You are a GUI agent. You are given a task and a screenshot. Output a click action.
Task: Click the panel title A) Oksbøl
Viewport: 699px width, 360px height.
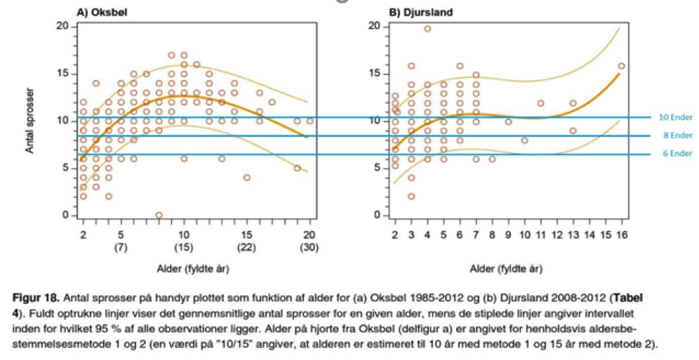(100, 13)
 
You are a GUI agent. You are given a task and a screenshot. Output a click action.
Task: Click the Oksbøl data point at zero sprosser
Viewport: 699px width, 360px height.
(159, 215)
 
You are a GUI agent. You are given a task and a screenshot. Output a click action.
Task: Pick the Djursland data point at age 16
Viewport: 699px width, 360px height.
(621, 66)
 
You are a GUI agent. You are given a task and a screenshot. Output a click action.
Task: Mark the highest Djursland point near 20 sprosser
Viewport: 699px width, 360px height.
(427, 29)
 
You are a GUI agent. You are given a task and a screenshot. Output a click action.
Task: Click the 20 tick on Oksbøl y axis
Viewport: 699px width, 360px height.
(63, 27)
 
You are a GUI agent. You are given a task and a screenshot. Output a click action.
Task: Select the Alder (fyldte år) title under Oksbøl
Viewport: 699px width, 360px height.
(196, 268)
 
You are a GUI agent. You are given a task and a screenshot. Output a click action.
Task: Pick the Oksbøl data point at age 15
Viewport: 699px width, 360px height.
(247, 178)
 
